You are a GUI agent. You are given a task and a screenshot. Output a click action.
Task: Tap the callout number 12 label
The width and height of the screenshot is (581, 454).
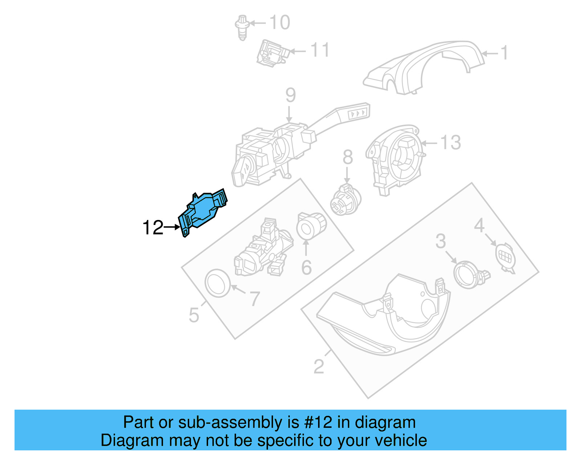pyautogui.click(x=153, y=228)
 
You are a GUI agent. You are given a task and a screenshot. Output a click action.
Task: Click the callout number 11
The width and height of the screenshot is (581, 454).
pyautogui.click(x=320, y=50)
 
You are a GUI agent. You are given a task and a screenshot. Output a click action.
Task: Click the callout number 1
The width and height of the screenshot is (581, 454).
pyautogui.click(x=504, y=53)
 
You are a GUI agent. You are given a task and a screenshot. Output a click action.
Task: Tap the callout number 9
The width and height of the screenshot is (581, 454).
pyautogui.click(x=290, y=95)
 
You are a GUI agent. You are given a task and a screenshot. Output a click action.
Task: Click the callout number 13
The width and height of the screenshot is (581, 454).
pyautogui.click(x=451, y=142)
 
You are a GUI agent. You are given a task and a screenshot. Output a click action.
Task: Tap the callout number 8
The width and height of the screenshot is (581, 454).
pyautogui.click(x=348, y=158)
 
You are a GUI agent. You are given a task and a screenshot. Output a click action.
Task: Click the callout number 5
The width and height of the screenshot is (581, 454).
pyautogui.click(x=194, y=315)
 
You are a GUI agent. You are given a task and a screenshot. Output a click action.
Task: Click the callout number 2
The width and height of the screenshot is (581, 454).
pyautogui.click(x=318, y=366)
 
